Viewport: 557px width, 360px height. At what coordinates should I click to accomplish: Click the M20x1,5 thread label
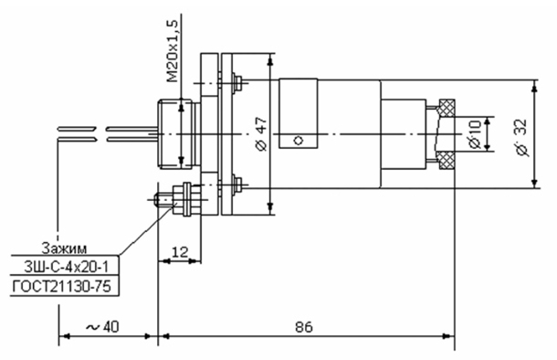point(173,51)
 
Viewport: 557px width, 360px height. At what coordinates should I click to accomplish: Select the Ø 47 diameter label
point(261,134)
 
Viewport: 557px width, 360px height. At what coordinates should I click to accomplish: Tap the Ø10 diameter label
point(475,133)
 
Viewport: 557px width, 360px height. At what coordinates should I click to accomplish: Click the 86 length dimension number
point(304,327)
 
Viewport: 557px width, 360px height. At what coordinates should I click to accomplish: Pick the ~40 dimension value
point(102,327)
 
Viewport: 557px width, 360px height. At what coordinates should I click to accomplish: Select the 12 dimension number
point(180,252)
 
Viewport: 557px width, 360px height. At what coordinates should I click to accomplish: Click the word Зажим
point(64,249)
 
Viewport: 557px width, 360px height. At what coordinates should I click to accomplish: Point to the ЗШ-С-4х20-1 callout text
point(66,267)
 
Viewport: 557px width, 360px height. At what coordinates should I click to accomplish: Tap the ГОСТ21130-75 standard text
point(61,286)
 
